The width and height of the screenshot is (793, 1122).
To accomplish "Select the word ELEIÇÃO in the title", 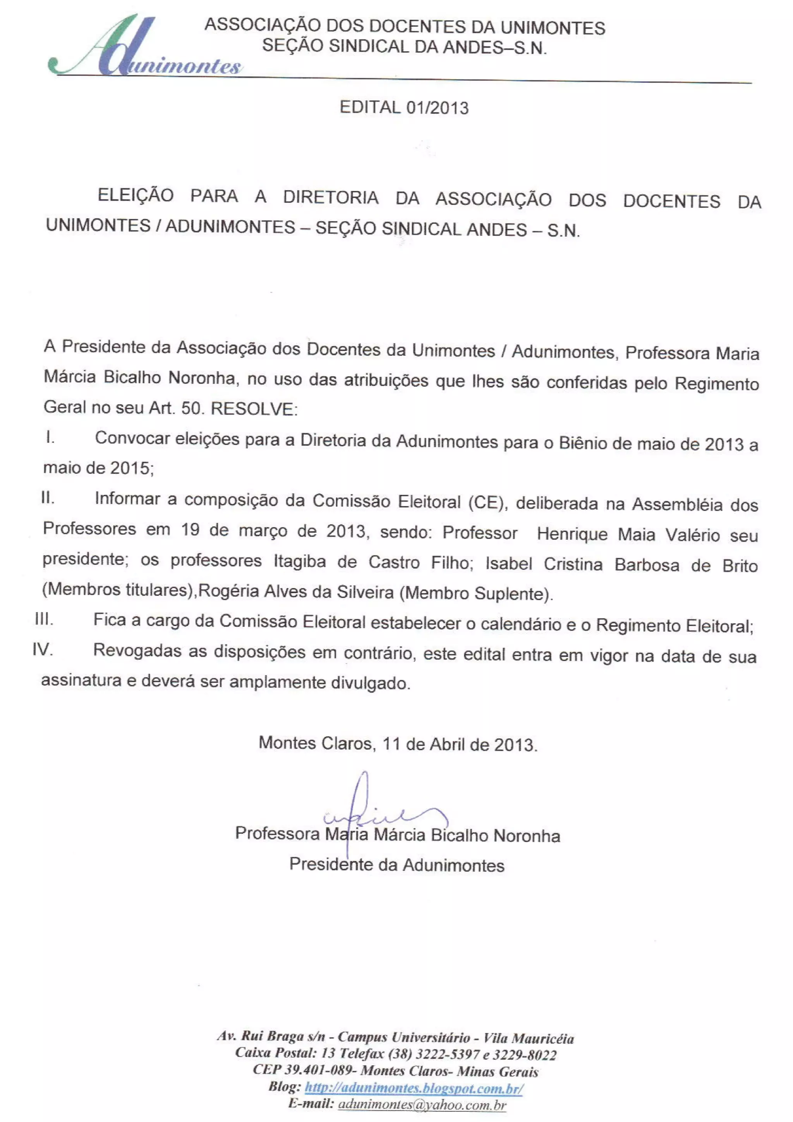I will click(136, 196).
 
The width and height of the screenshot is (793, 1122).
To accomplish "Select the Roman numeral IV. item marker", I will click(43, 650).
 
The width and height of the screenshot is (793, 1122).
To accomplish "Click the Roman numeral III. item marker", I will click(44, 619).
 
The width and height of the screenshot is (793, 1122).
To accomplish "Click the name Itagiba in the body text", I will click(300, 561).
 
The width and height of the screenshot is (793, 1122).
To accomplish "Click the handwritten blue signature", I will click(371, 814).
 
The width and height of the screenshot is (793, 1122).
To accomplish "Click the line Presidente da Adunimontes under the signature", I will click(397, 865).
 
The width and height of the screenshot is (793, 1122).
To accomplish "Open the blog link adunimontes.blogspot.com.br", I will click(414, 1088).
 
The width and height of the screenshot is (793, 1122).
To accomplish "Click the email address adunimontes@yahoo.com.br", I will click(422, 1105).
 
